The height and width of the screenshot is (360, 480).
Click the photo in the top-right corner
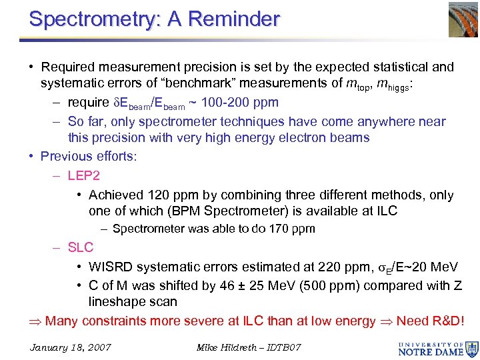coord(455,18)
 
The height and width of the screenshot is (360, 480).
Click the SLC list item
coord(81,247)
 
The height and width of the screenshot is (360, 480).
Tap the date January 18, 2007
coord(71,347)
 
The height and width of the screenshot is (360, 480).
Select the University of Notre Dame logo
coord(437,347)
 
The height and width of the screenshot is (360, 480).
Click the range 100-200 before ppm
coord(221,103)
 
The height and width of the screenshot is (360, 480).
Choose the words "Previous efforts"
coord(88,156)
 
